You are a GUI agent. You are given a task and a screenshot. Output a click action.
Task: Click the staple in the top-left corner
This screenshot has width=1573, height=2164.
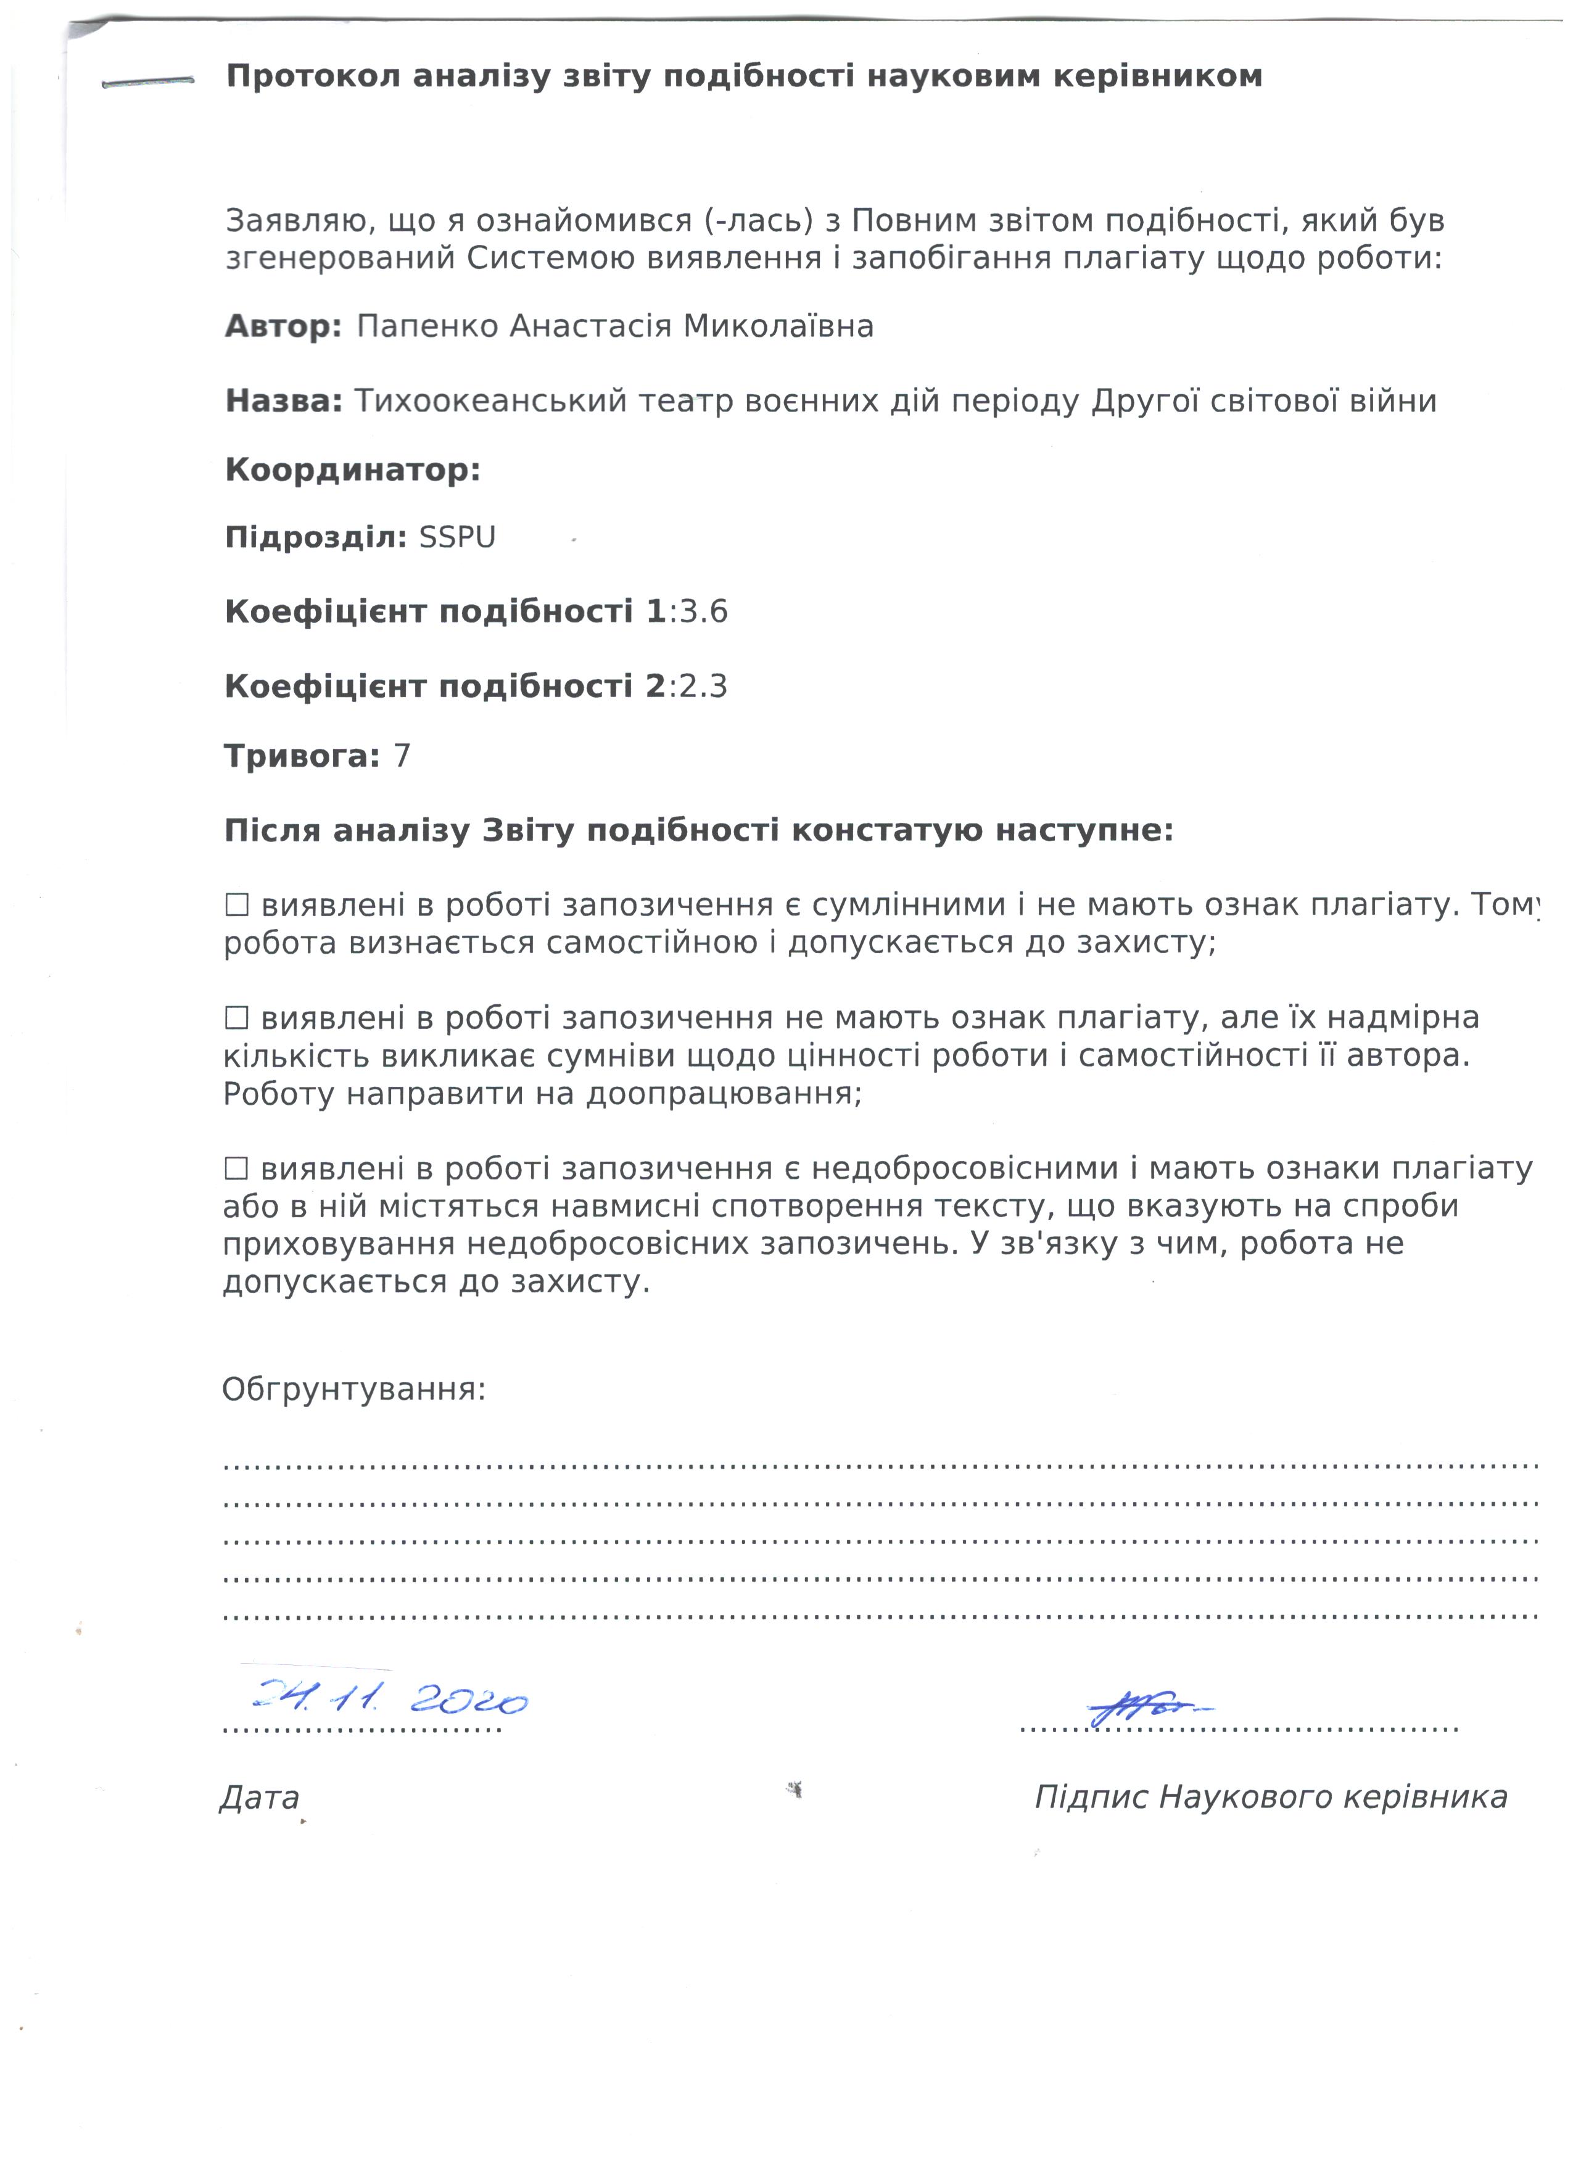(x=148, y=83)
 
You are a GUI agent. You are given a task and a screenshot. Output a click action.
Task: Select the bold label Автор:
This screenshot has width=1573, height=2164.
(x=283, y=328)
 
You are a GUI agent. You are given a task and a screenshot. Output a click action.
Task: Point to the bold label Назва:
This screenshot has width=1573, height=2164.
(x=283, y=402)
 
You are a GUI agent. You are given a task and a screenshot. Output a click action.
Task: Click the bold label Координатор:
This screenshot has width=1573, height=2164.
(x=353, y=471)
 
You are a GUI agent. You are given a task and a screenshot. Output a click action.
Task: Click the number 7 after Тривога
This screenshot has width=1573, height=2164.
(x=402, y=757)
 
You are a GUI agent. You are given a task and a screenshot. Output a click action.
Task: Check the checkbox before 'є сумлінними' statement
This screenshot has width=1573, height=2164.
(x=237, y=904)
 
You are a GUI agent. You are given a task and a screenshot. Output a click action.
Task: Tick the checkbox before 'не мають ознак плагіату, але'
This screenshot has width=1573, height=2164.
(x=237, y=1018)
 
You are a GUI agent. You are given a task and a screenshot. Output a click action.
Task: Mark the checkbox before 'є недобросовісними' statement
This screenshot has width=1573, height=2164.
(x=237, y=1169)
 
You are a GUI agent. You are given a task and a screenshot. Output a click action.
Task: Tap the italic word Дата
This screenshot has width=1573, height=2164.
(x=260, y=1799)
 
